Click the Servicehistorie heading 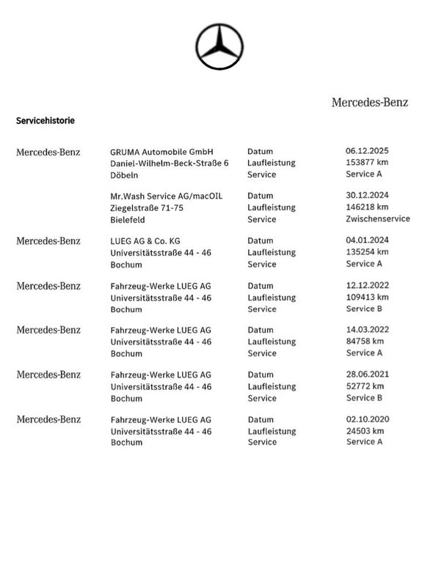point(45,119)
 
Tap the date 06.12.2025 point(368,152)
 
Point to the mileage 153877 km point(367,163)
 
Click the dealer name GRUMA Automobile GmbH point(161,152)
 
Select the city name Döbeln point(124,175)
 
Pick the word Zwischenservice point(377,218)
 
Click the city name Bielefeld point(127,219)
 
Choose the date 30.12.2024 point(368,196)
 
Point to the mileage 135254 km point(367,252)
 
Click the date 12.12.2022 point(368,285)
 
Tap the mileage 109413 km point(367,297)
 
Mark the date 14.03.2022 point(368,330)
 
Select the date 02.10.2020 point(368,419)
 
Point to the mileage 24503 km point(365,431)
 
